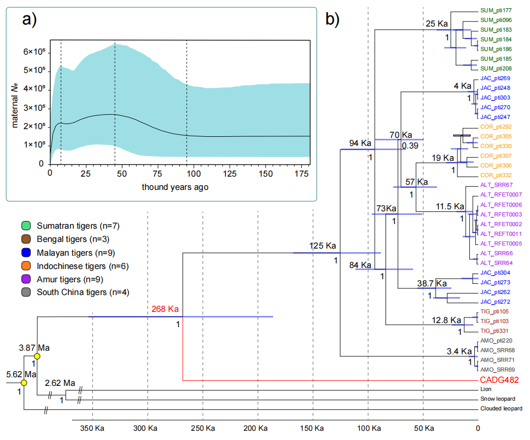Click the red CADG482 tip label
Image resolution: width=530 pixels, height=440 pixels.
click(500, 380)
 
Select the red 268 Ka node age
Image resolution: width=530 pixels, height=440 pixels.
click(165, 309)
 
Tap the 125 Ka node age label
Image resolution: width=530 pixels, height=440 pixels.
click(323, 246)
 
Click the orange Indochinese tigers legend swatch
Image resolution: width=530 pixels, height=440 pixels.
click(27, 266)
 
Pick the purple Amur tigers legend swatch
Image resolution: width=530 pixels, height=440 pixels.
click(27, 279)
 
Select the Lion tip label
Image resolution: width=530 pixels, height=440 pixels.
click(486, 389)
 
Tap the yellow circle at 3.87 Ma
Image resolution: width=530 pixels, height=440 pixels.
click(37, 356)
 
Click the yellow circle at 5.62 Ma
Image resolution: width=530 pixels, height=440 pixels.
click(23, 382)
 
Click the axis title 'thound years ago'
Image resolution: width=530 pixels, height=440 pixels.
click(175, 187)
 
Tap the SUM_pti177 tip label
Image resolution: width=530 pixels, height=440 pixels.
click(496, 10)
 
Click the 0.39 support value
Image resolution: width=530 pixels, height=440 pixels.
click(410, 146)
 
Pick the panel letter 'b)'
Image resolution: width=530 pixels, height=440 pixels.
click(332, 19)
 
